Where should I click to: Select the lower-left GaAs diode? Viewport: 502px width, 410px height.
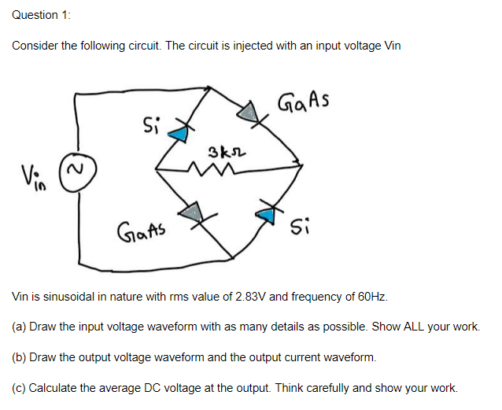point(191,211)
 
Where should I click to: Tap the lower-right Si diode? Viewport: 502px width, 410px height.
point(268,211)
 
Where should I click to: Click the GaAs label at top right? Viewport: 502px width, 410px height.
point(304,101)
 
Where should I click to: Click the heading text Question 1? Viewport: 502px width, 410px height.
point(35,15)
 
